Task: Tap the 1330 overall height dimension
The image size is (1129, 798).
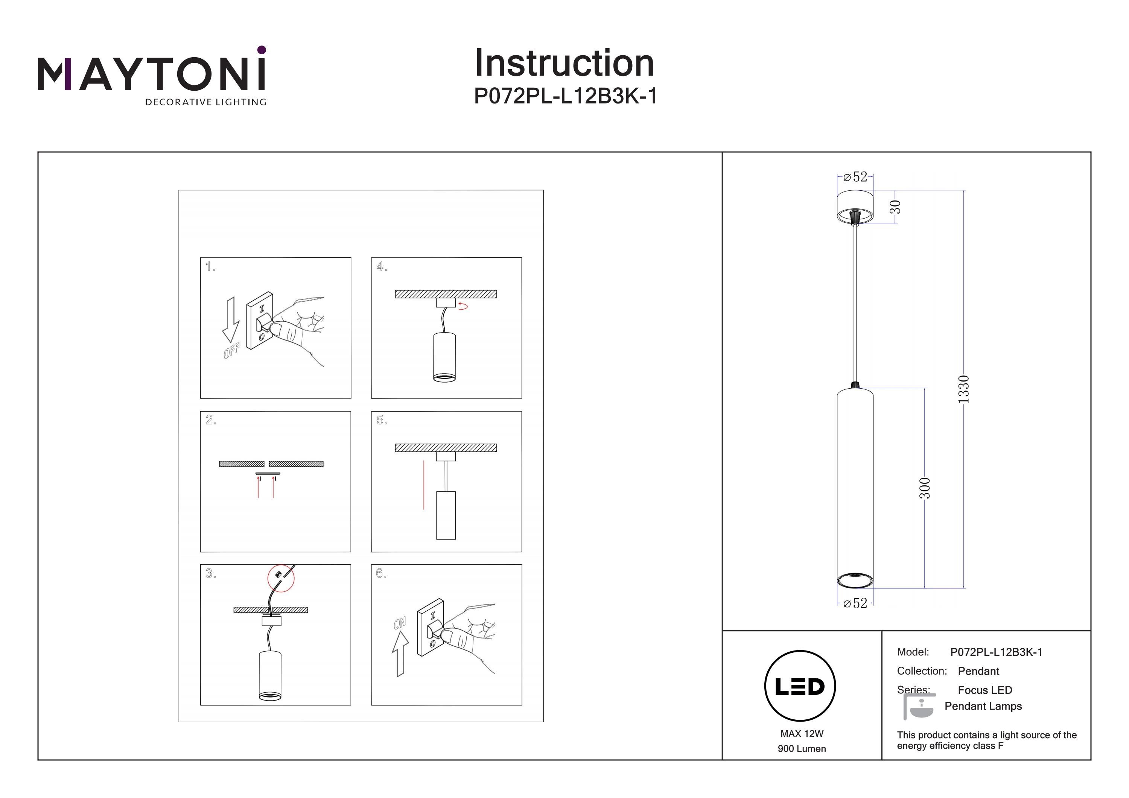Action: click(964, 389)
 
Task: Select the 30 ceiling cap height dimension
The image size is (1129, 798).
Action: click(896, 207)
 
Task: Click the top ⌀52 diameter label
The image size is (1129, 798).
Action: click(856, 177)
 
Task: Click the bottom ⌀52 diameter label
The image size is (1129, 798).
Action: click(856, 603)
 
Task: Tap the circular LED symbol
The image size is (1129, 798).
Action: click(800, 686)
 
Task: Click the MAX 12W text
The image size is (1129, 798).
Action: click(802, 734)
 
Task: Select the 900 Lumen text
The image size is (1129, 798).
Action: click(802, 749)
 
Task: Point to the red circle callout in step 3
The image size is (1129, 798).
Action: click(281, 578)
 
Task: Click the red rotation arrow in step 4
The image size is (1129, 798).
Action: click(463, 307)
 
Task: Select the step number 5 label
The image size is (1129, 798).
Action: click(382, 420)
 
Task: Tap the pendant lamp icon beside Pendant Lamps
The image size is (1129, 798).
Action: click(919, 707)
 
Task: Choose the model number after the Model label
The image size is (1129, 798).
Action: click(996, 652)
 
